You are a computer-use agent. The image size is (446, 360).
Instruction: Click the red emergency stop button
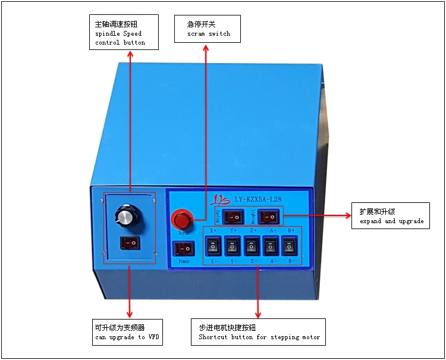tap(182, 220)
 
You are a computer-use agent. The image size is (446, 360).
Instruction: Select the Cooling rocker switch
tap(234, 217)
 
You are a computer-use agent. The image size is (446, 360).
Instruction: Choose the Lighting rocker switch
tap(269, 217)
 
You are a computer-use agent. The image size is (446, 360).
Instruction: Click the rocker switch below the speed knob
tap(130, 243)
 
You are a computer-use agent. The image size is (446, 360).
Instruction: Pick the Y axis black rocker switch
tap(233, 246)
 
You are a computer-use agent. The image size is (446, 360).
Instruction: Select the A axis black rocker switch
tap(271, 246)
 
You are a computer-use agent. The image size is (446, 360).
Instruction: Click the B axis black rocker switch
tap(290, 246)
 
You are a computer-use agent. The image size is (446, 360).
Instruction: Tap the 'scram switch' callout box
tap(208, 29)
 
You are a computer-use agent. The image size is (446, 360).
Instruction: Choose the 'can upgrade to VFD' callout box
tap(127, 332)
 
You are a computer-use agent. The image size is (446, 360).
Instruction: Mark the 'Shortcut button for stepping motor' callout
tap(259, 332)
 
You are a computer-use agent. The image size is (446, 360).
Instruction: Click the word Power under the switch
tap(184, 261)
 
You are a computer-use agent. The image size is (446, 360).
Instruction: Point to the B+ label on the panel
tap(291, 230)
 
